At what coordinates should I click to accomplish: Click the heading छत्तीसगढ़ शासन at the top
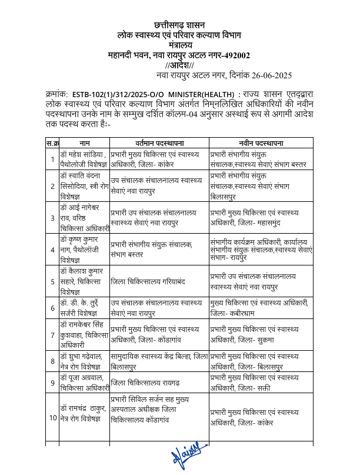(x=179, y=25)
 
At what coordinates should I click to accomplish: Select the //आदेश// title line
(x=179, y=65)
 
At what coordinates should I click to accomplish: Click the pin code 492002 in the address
(x=235, y=55)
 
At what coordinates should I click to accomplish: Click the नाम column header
(x=85, y=142)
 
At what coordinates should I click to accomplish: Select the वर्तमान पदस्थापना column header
(x=159, y=142)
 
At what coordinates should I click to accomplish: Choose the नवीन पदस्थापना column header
(x=262, y=142)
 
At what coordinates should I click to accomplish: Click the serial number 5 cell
(x=52, y=281)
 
